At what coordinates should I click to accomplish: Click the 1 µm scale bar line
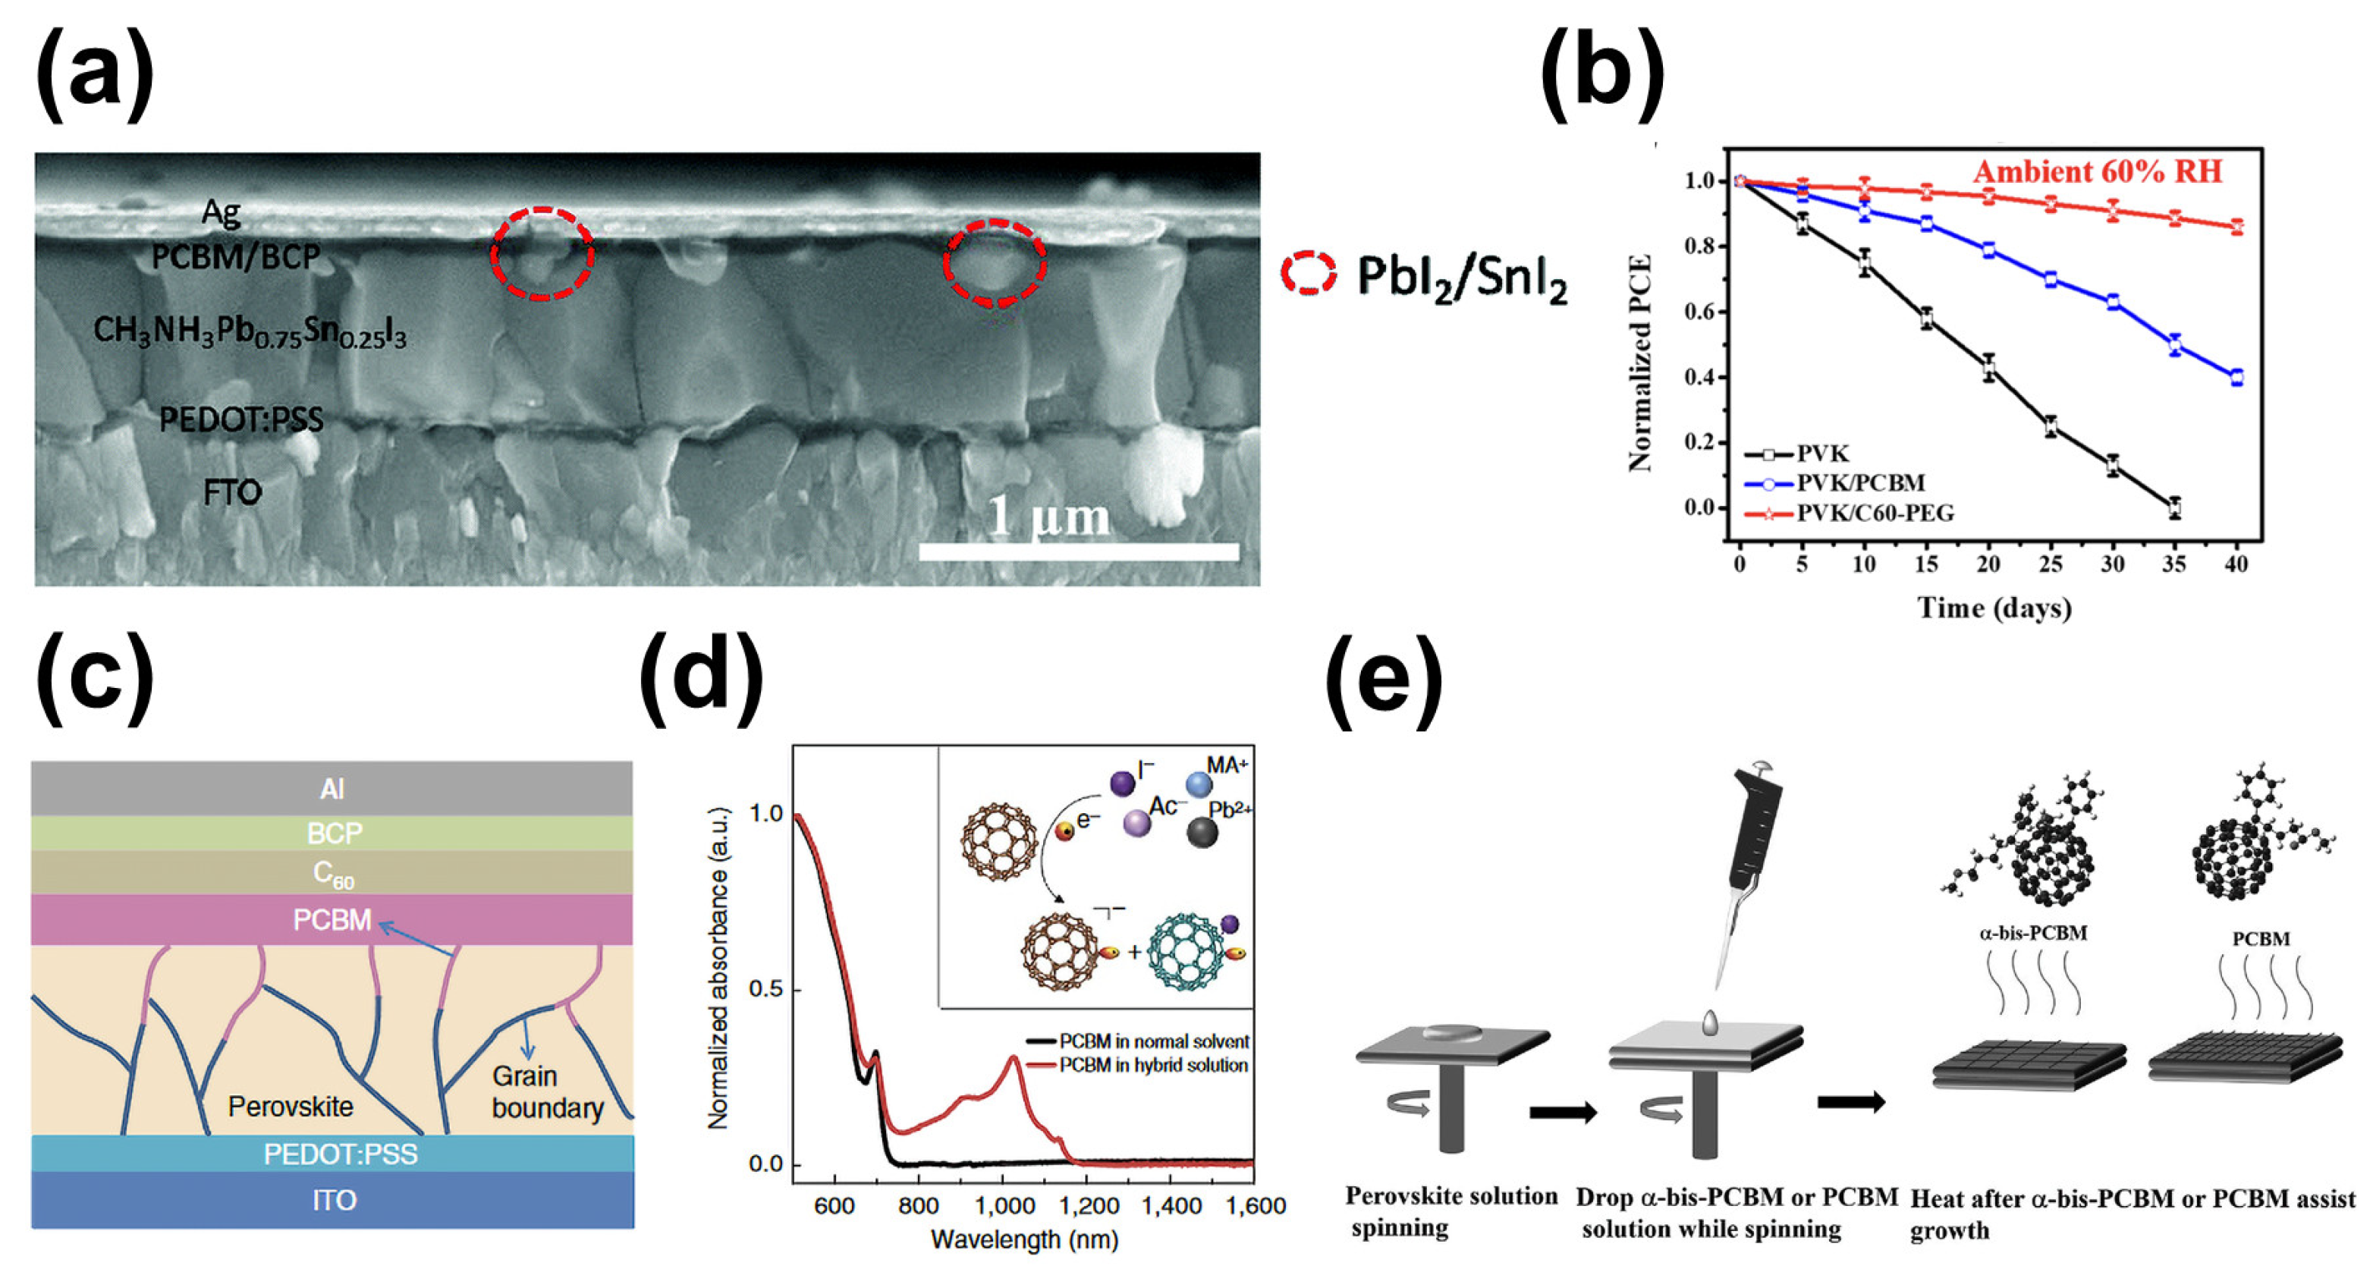coord(1079,551)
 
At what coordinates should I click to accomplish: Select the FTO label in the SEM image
coord(232,493)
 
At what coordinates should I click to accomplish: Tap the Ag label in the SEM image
coord(221,213)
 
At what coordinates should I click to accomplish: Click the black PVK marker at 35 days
coord(2175,507)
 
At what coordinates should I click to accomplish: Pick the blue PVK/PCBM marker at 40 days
coord(2236,377)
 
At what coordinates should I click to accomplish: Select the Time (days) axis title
coord(1994,608)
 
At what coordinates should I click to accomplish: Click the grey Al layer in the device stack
coord(332,789)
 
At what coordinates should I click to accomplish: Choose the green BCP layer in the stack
coord(334,833)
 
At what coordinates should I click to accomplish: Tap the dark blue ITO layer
coord(334,1199)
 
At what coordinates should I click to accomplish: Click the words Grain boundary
coord(547,1091)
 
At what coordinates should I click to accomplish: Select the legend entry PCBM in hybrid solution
coord(1152,1065)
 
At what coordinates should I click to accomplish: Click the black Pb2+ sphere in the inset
coord(1202,833)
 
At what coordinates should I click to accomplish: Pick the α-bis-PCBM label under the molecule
coord(2033,932)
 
